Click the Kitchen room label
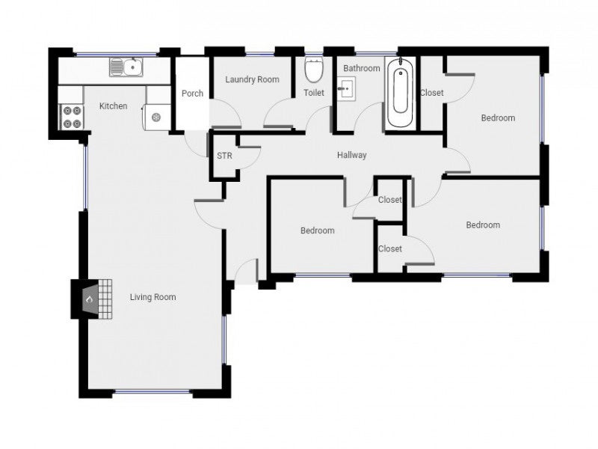[x=113, y=106]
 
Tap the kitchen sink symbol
[x=126, y=67]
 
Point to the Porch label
[x=192, y=94]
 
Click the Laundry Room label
[x=252, y=79]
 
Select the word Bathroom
[x=362, y=68]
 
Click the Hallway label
[x=351, y=156]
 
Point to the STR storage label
[x=224, y=156]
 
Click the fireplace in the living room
[x=88, y=299]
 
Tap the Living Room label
[x=152, y=297]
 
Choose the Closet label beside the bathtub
[x=431, y=93]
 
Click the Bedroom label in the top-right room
[x=498, y=117]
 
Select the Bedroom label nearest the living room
[x=317, y=230]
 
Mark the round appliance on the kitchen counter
[x=156, y=117]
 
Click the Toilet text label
[x=313, y=93]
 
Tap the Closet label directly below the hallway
[x=389, y=200]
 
